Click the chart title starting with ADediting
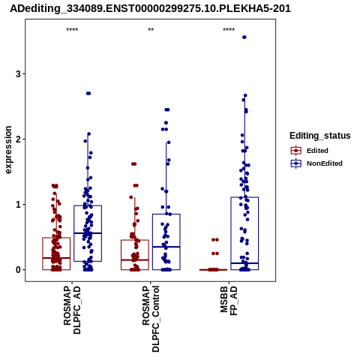click(x=150, y=9)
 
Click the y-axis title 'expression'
click(x=8, y=150)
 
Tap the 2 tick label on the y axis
click(x=19, y=139)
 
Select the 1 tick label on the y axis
click(x=19, y=205)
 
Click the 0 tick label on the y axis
click(x=19, y=270)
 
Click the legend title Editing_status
click(x=320, y=136)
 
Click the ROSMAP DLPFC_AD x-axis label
click(x=72, y=310)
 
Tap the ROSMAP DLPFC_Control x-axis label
click(x=151, y=319)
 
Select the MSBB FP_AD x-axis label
click(x=229, y=301)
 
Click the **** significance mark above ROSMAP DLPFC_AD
click(x=72, y=30)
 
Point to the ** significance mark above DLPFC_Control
click(x=151, y=30)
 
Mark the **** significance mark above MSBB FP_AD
click(x=229, y=30)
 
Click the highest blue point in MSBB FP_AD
click(x=244, y=37)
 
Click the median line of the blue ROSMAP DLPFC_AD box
click(x=88, y=233)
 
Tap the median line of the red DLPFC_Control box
click(x=135, y=260)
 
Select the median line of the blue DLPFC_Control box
click(x=166, y=247)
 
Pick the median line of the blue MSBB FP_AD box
click(x=244, y=263)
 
